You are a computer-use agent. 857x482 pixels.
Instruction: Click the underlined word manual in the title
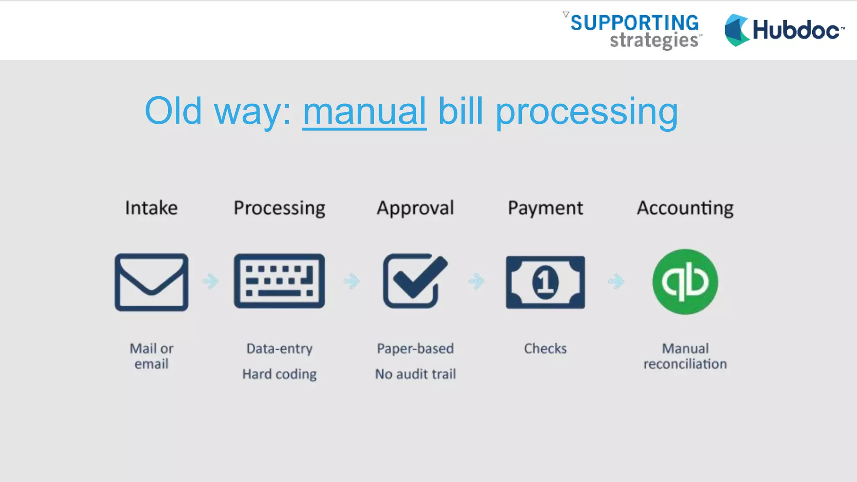coord(364,112)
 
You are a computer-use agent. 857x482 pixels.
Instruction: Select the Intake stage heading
coord(151,208)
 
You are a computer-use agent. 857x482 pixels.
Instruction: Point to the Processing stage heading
coord(280,208)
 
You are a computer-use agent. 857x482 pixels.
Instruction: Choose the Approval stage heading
coord(415,208)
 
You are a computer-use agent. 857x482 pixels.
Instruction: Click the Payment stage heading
coord(545,208)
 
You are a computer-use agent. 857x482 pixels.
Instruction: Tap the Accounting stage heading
coord(685,208)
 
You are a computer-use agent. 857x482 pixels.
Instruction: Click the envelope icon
coord(151,282)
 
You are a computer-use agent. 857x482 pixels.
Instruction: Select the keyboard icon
coord(279,281)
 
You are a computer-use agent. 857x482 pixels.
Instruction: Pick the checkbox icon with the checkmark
coord(415,282)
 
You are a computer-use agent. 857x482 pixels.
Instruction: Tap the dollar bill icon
coord(545,282)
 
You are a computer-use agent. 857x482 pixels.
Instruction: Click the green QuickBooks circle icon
coord(685,282)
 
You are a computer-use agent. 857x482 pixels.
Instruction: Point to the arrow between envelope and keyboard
coord(210,281)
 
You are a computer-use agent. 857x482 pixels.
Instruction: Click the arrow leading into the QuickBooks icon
coord(616,281)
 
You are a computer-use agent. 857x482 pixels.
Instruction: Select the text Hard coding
coord(280,374)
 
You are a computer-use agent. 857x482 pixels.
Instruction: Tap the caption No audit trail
coord(415,374)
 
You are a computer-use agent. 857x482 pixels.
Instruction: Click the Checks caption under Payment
coord(545,349)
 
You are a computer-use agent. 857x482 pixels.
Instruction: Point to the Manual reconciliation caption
coord(685,356)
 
